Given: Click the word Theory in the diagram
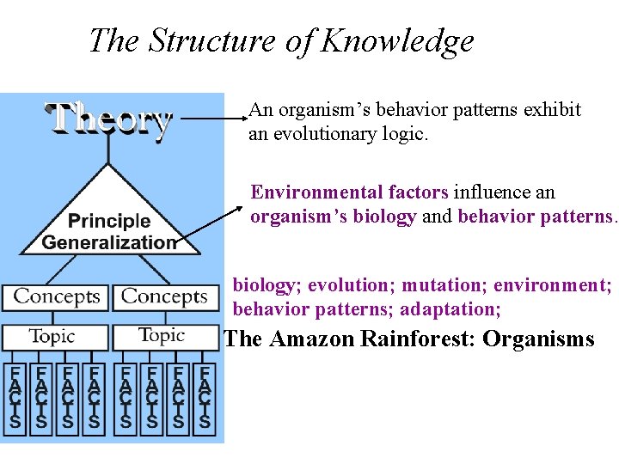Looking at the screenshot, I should [108, 119].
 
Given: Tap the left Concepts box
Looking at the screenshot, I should [57, 297].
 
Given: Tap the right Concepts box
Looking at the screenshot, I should [164, 297].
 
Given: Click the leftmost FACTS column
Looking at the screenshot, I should [14, 396].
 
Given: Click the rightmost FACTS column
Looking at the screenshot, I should [204, 396].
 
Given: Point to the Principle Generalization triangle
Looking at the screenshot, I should [109, 215].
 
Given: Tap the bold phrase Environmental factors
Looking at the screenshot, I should [349, 192].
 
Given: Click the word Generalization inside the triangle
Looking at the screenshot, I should [109, 242].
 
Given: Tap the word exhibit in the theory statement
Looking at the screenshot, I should [549, 111].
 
